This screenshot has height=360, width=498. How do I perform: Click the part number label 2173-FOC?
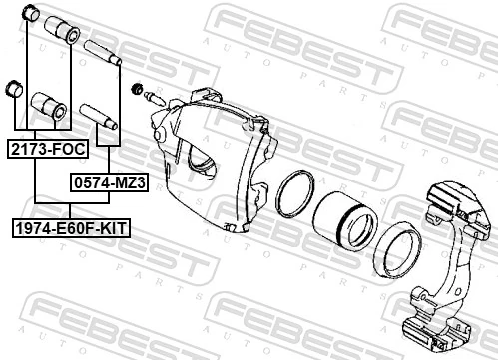pos(47,149)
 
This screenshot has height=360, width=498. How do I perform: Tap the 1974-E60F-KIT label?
pos(72,228)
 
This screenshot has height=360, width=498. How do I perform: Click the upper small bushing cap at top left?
pos(30,15)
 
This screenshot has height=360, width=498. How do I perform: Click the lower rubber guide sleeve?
pos(49,103)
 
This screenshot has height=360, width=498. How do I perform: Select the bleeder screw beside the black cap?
pos(156,99)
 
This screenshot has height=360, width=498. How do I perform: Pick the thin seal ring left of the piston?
pos(295,193)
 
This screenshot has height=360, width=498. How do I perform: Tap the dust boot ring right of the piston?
pos(396,247)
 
